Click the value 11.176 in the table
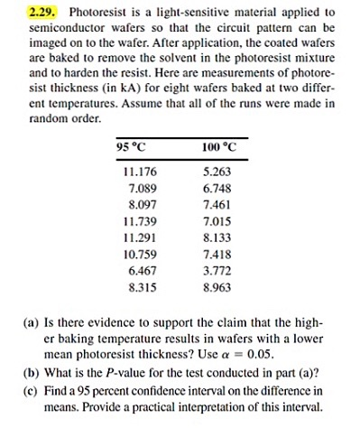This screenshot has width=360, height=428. [140, 171]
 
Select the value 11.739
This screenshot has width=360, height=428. [140, 219]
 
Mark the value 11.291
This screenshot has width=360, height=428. [140, 236]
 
